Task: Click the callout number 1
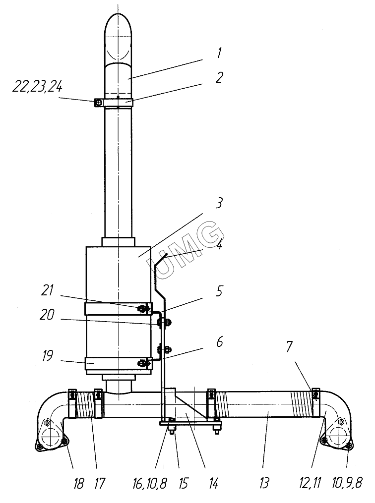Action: [219, 53]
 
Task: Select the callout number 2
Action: [219, 78]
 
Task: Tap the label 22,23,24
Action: [37, 87]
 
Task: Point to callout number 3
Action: [219, 203]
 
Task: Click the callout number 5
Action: [219, 291]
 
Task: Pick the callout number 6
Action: [219, 342]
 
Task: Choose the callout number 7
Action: [290, 347]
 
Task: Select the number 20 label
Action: [47, 315]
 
